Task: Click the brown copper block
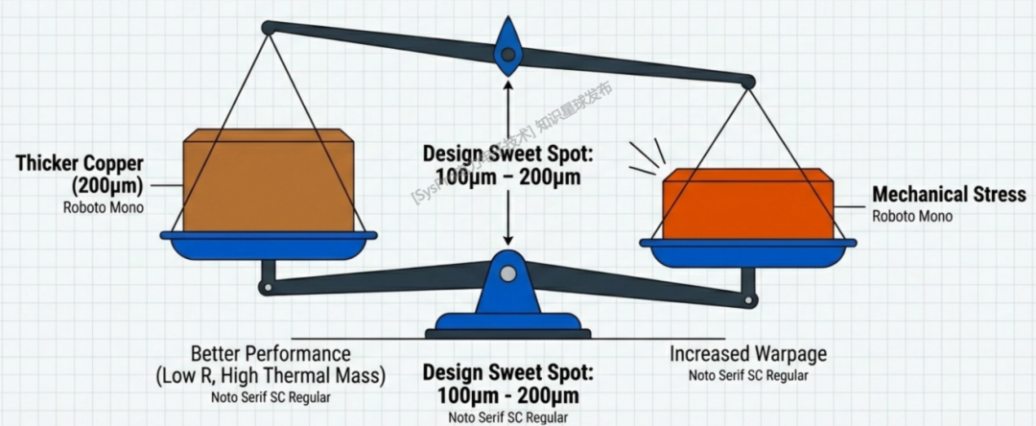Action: (x=268, y=182)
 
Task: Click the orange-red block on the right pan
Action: (x=748, y=203)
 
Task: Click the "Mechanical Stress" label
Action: (x=948, y=195)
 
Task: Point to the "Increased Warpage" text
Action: (x=747, y=354)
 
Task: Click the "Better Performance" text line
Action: (x=271, y=354)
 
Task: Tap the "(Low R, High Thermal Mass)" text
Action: (x=271, y=375)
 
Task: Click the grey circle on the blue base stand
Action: (x=507, y=275)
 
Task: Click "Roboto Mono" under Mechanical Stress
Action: (x=912, y=217)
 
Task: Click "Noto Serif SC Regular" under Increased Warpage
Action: (x=747, y=375)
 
